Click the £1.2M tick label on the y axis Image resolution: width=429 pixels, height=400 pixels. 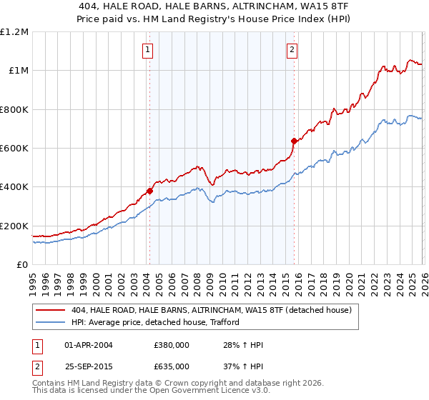14,32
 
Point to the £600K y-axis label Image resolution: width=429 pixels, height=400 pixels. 14,149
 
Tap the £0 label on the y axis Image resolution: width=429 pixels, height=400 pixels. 22,265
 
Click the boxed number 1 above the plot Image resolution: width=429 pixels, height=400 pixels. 147,49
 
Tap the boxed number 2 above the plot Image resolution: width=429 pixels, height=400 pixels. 293,49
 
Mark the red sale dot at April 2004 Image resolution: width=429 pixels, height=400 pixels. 149,191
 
